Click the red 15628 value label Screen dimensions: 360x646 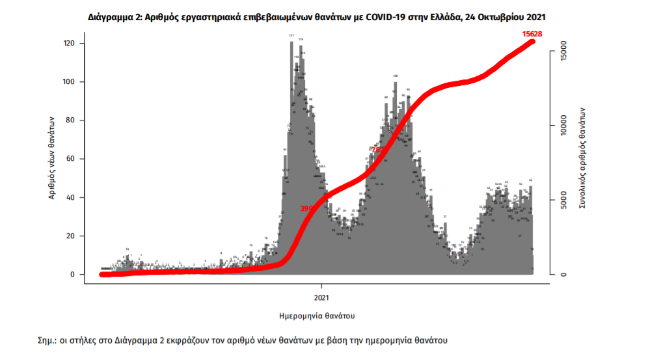click(533, 33)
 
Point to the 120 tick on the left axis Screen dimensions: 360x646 click(68, 44)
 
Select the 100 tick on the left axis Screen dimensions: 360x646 click(68, 82)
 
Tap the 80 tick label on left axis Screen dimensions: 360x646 click(70, 120)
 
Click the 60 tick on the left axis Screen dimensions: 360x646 click(70, 159)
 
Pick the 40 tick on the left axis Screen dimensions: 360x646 click(70, 197)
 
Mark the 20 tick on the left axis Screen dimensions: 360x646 click(70, 236)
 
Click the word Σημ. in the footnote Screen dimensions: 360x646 click(47, 340)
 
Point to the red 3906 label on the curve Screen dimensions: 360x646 click(308, 208)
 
